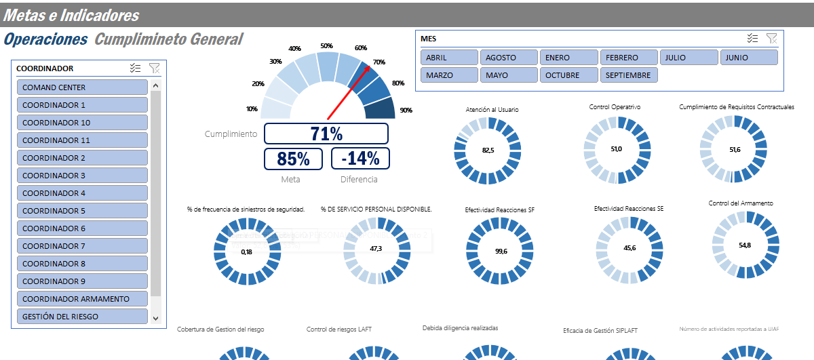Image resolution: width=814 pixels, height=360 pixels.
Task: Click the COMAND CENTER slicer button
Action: coord(82,87)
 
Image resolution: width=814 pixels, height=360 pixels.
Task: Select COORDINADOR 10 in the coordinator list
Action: coord(82,123)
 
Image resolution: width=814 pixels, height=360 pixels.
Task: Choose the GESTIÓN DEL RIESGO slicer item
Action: coord(82,317)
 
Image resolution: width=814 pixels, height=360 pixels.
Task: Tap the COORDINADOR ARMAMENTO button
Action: coord(82,299)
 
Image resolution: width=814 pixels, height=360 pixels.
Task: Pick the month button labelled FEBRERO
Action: coord(629,58)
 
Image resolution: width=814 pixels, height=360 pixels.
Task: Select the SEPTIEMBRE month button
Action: coord(629,75)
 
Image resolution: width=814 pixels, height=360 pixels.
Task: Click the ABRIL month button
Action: coord(449,58)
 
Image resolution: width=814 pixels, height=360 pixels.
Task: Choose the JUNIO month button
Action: coord(748,58)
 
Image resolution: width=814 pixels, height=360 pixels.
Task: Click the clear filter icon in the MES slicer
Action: coord(771,39)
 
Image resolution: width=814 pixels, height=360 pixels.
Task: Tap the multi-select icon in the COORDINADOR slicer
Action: coord(135,68)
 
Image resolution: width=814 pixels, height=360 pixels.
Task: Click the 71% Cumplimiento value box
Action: coord(326,134)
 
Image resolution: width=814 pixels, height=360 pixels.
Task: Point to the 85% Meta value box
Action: coord(293,159)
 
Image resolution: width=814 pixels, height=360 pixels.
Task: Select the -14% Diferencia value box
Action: coord(360,159)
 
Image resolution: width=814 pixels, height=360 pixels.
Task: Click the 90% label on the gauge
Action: coord(406,110)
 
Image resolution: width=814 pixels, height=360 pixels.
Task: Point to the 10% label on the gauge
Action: coord(252,109)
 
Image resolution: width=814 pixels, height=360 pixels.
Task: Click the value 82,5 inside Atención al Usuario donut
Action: coord(488,150)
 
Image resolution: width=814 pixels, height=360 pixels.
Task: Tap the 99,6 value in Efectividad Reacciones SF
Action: coord(501,251)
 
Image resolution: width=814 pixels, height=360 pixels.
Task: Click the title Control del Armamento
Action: coord(740,203)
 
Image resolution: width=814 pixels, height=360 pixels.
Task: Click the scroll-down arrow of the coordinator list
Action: coord(155,317)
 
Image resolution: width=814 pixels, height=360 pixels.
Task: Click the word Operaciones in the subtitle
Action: coord(45,39)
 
